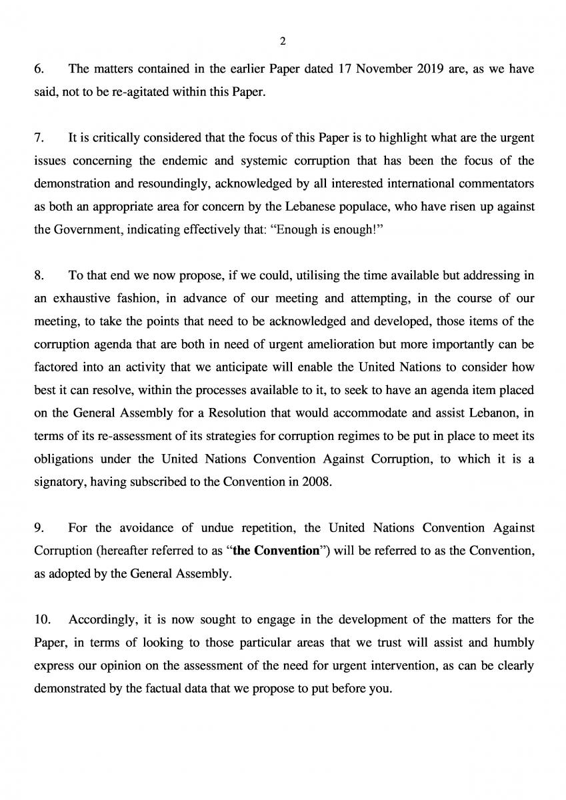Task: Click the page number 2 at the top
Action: point(283,41)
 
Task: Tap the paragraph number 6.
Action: point(38,69)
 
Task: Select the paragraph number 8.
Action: point(38,275)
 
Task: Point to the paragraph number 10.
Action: point(41,620)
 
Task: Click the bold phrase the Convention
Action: point(275,551)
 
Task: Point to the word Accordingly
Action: point(102,620)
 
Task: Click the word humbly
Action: point(513,643)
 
